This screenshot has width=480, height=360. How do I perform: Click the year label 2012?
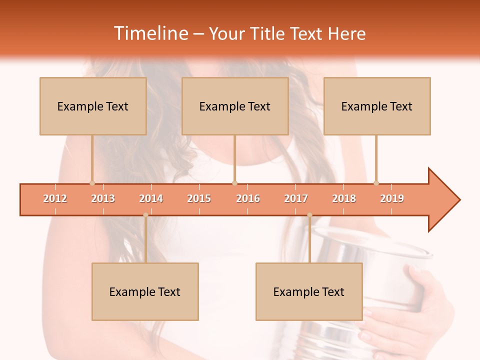[x=55, y=198]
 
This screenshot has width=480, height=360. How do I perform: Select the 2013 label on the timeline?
[x=103, y=198]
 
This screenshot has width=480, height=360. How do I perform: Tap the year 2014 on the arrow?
[x=151, y=198]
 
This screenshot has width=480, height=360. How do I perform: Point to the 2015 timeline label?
[x=199, y=198]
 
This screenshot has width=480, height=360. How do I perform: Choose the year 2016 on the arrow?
[x=248, y=198]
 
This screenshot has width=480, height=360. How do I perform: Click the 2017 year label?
[x=296, y=198]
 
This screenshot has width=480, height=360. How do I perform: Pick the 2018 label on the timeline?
[x=344, y=198]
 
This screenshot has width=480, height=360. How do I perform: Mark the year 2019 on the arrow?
[x=392, y=198]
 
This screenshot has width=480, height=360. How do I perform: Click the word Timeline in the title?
[x=150, y=33]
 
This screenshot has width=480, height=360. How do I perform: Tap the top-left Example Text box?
[x=93, y=106]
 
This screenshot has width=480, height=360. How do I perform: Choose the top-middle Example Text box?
[x=235, y=106]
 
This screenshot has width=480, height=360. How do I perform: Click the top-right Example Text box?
[x=377, y=106]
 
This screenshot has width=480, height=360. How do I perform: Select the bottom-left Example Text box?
[x=145, y=291]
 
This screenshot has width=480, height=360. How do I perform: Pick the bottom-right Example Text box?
[x=309, y=291]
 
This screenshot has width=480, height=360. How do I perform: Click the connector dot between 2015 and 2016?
[x=235, y=183]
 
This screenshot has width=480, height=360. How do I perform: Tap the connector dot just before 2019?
[x=376, y=183]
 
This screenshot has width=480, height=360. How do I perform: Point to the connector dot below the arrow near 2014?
[x=145, y=215]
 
